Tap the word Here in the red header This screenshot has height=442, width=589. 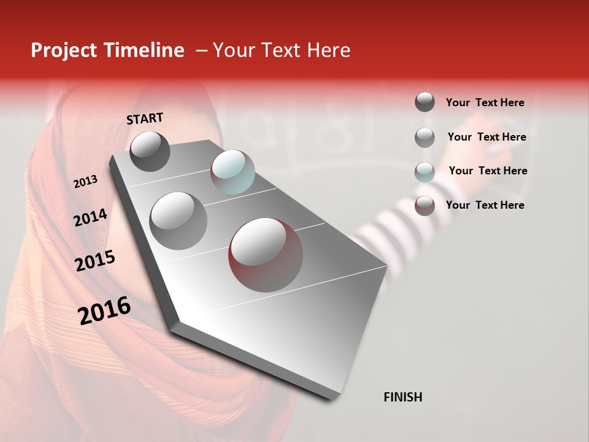[x=328, y=50]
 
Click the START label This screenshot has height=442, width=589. [x=145, y=118]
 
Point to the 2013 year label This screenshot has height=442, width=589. [x=85, y=182]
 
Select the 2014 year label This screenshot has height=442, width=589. [x=90, y=218]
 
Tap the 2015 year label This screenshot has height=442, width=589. [x=95, y=261]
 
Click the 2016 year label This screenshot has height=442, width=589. [x=104, y=311]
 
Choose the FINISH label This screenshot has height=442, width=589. [x=402, y=397]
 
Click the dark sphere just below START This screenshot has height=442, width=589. [x=150, y=152]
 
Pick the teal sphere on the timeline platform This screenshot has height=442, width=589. [x=233, y=171]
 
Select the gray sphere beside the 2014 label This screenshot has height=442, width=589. [x=179, y=220]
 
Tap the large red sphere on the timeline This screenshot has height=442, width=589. [x=266, y=255]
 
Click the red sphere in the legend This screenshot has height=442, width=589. [x=425, y=206]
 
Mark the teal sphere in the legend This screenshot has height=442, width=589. [x=425, y=172]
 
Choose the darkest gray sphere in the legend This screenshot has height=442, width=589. [x=425, y=103]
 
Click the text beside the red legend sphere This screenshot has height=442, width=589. [x=485, y=205]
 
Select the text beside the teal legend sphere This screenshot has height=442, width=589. [x=488, y=171]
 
